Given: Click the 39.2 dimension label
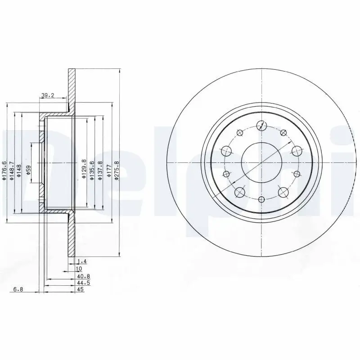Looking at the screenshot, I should [x=48, y=95].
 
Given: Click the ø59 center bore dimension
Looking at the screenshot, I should [x=28, y=170].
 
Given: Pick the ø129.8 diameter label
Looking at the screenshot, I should [x=84, y=170].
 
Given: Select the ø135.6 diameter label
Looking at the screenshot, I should [x=92, y=170].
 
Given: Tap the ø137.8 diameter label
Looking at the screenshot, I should [x=100, y=170].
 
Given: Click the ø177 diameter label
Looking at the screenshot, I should [x=108, y=170].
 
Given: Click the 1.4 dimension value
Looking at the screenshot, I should [x=81, y=261].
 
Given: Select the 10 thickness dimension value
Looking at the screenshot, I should [x=80, y=268].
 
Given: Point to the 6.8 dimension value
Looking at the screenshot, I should [x=18, y=290].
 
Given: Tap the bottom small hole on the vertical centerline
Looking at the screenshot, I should [x=261, y=199].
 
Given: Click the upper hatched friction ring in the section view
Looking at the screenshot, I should [x=72, y=88].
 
